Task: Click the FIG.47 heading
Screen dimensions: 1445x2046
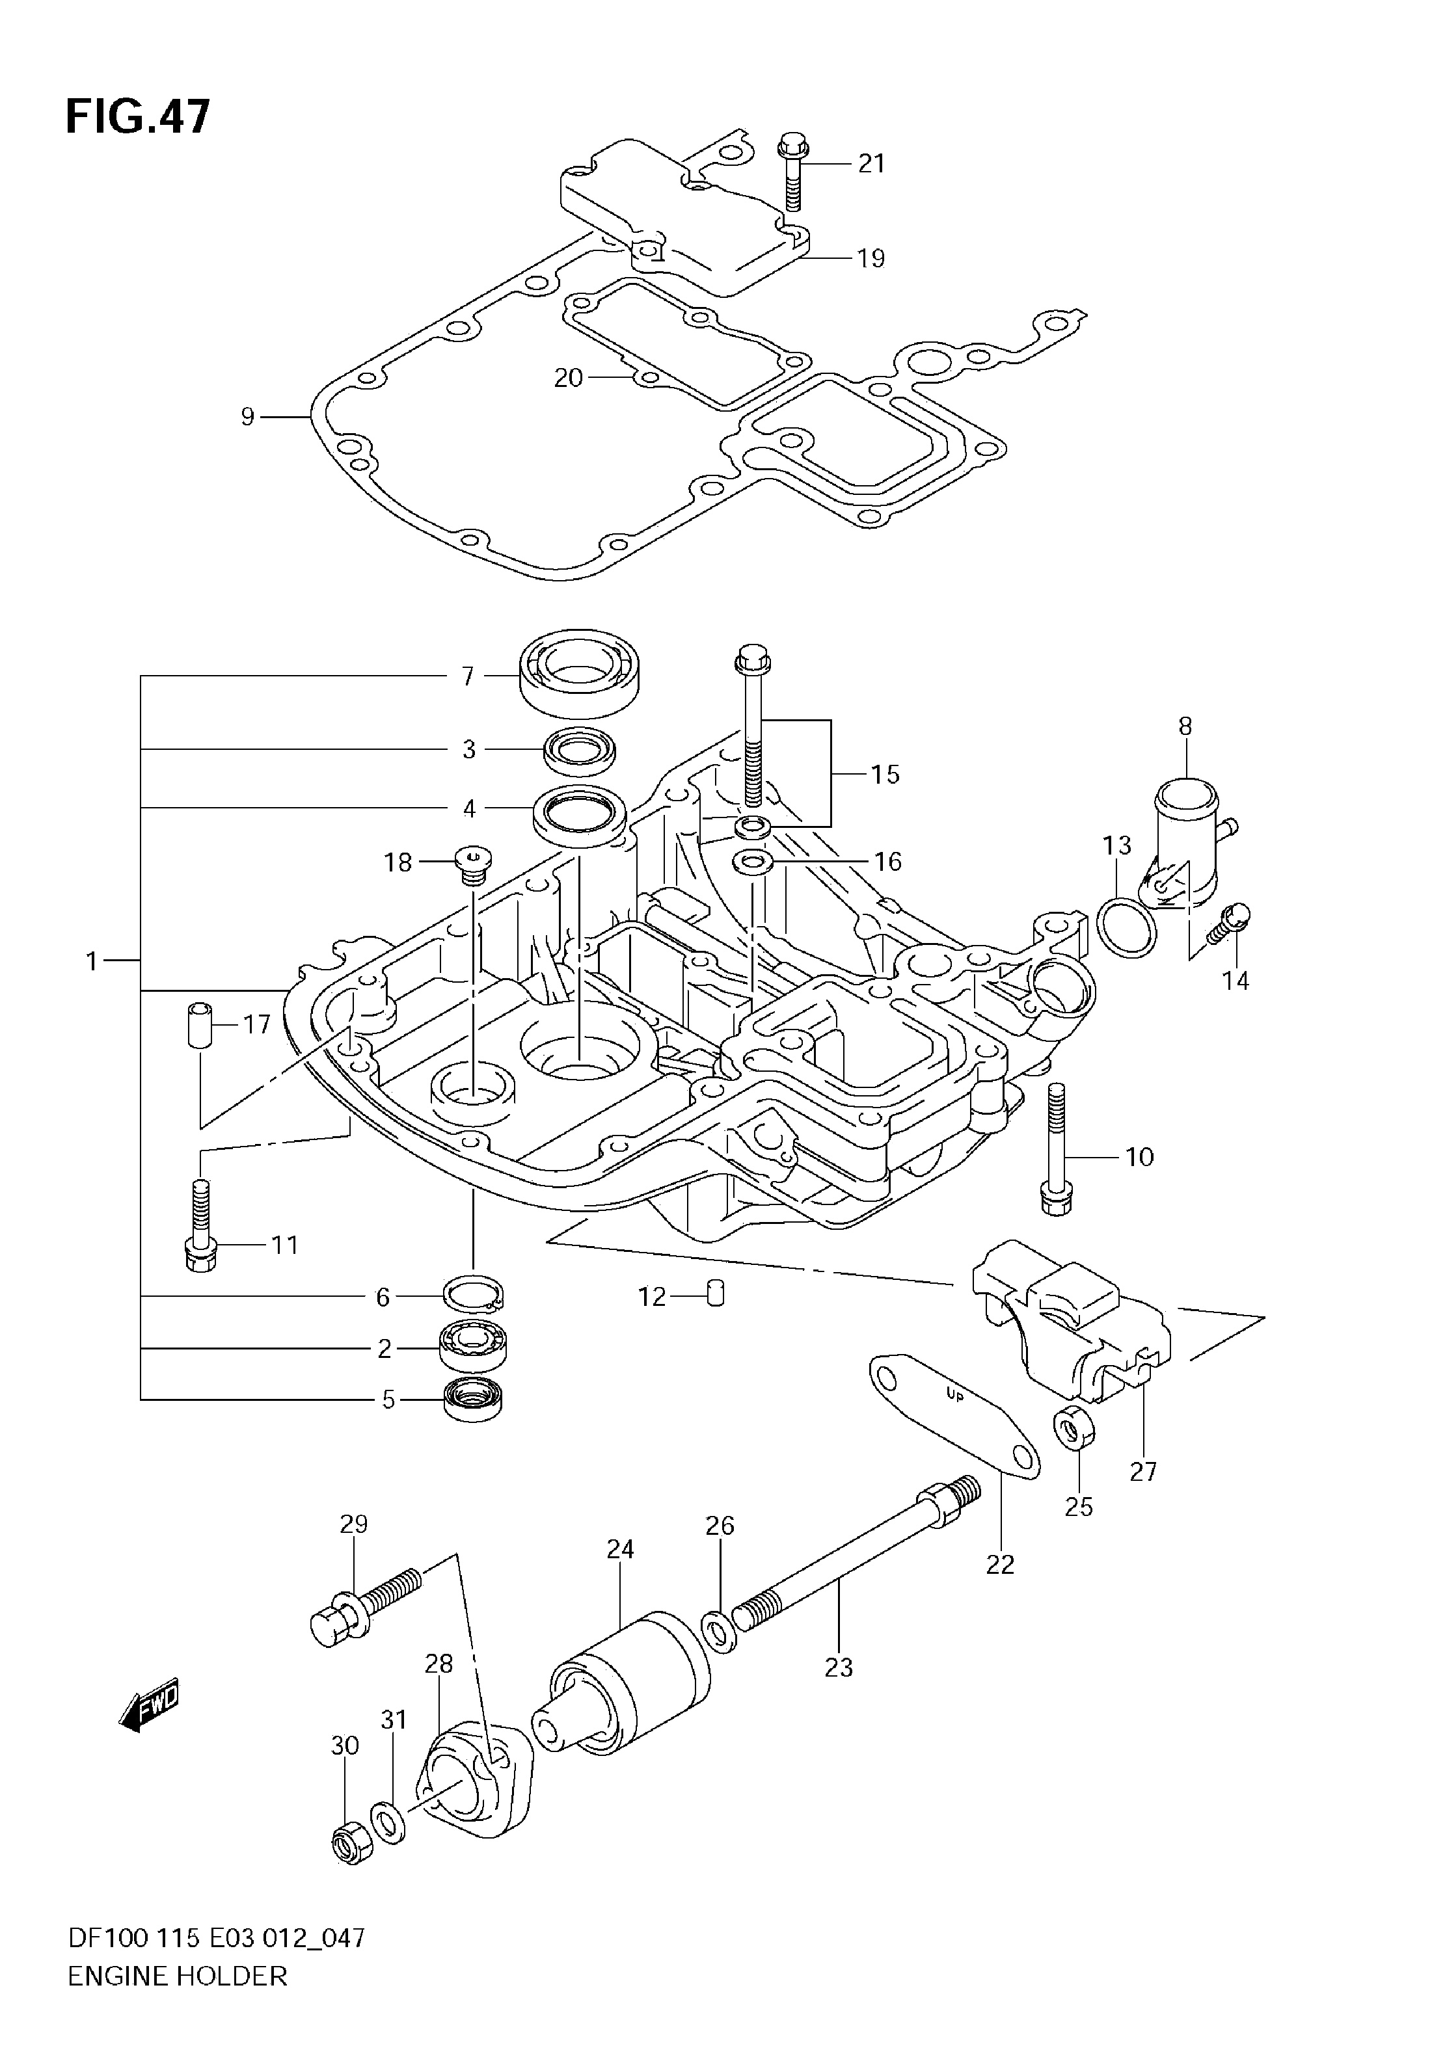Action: pyautogui.click(x=138, y=116)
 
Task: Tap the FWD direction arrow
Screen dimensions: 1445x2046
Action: pyautogui.click(x=149, y=1707)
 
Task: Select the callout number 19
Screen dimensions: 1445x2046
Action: pyautogui.click(x=871, y=258)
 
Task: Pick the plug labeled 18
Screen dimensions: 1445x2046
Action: pyautogui.click(x=472, y=864)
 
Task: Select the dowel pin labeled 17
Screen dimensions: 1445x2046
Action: pyautogui.click(x=200, y=1026)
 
